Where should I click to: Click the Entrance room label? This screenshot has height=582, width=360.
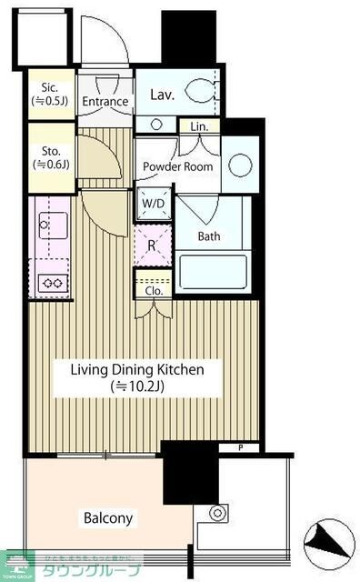(x=105, y=101)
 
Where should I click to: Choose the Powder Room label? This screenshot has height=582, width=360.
(x=178, y=166)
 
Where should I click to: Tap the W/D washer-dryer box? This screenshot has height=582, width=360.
(x=152, y=204)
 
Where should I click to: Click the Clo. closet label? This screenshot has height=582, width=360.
(x=154, y=291)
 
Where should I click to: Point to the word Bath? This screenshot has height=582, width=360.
(x=209, y=236)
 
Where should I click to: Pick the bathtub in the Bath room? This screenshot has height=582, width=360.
(x=213, y=273)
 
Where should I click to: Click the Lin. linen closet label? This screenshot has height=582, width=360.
(x=199, y=127)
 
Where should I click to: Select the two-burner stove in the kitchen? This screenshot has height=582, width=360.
(x=51, y=283)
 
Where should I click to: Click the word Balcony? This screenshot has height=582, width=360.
(x=108, y=519)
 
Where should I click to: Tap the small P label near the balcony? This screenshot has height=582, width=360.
(x=242, y=447)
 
